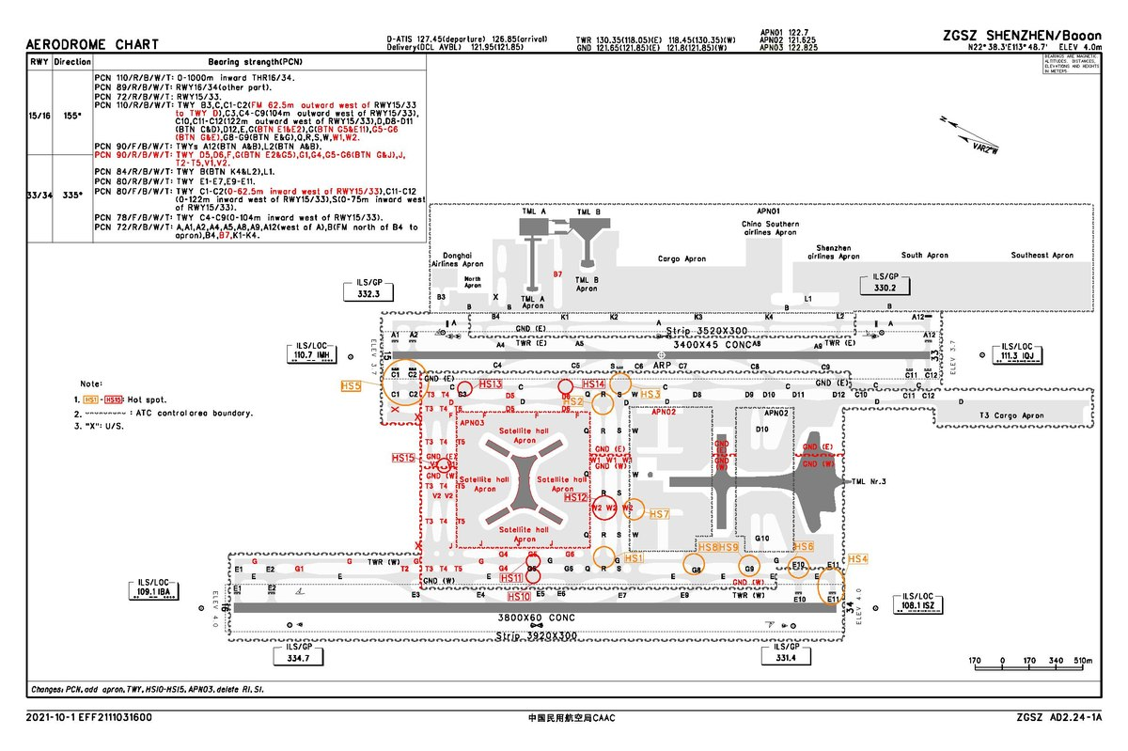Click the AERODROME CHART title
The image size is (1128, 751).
[x=92, y=45]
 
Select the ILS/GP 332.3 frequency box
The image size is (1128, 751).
[x=369, y=289]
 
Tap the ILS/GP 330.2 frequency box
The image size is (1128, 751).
[x=885, y=284]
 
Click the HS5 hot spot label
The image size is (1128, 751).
[x=351, y=385]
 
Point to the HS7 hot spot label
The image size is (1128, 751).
[x=659, y=515]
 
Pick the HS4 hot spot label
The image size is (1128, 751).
[x=858, y=559]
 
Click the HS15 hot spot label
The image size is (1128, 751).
[x=403, y=458]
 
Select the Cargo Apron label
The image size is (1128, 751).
[x=681, y=258]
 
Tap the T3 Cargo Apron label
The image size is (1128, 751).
[x=1012, y=416]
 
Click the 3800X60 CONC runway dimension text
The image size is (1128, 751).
[x=536, y=619]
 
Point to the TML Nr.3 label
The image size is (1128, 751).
[x=869, y=482]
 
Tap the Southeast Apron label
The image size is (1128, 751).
[x=1042, y=255]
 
